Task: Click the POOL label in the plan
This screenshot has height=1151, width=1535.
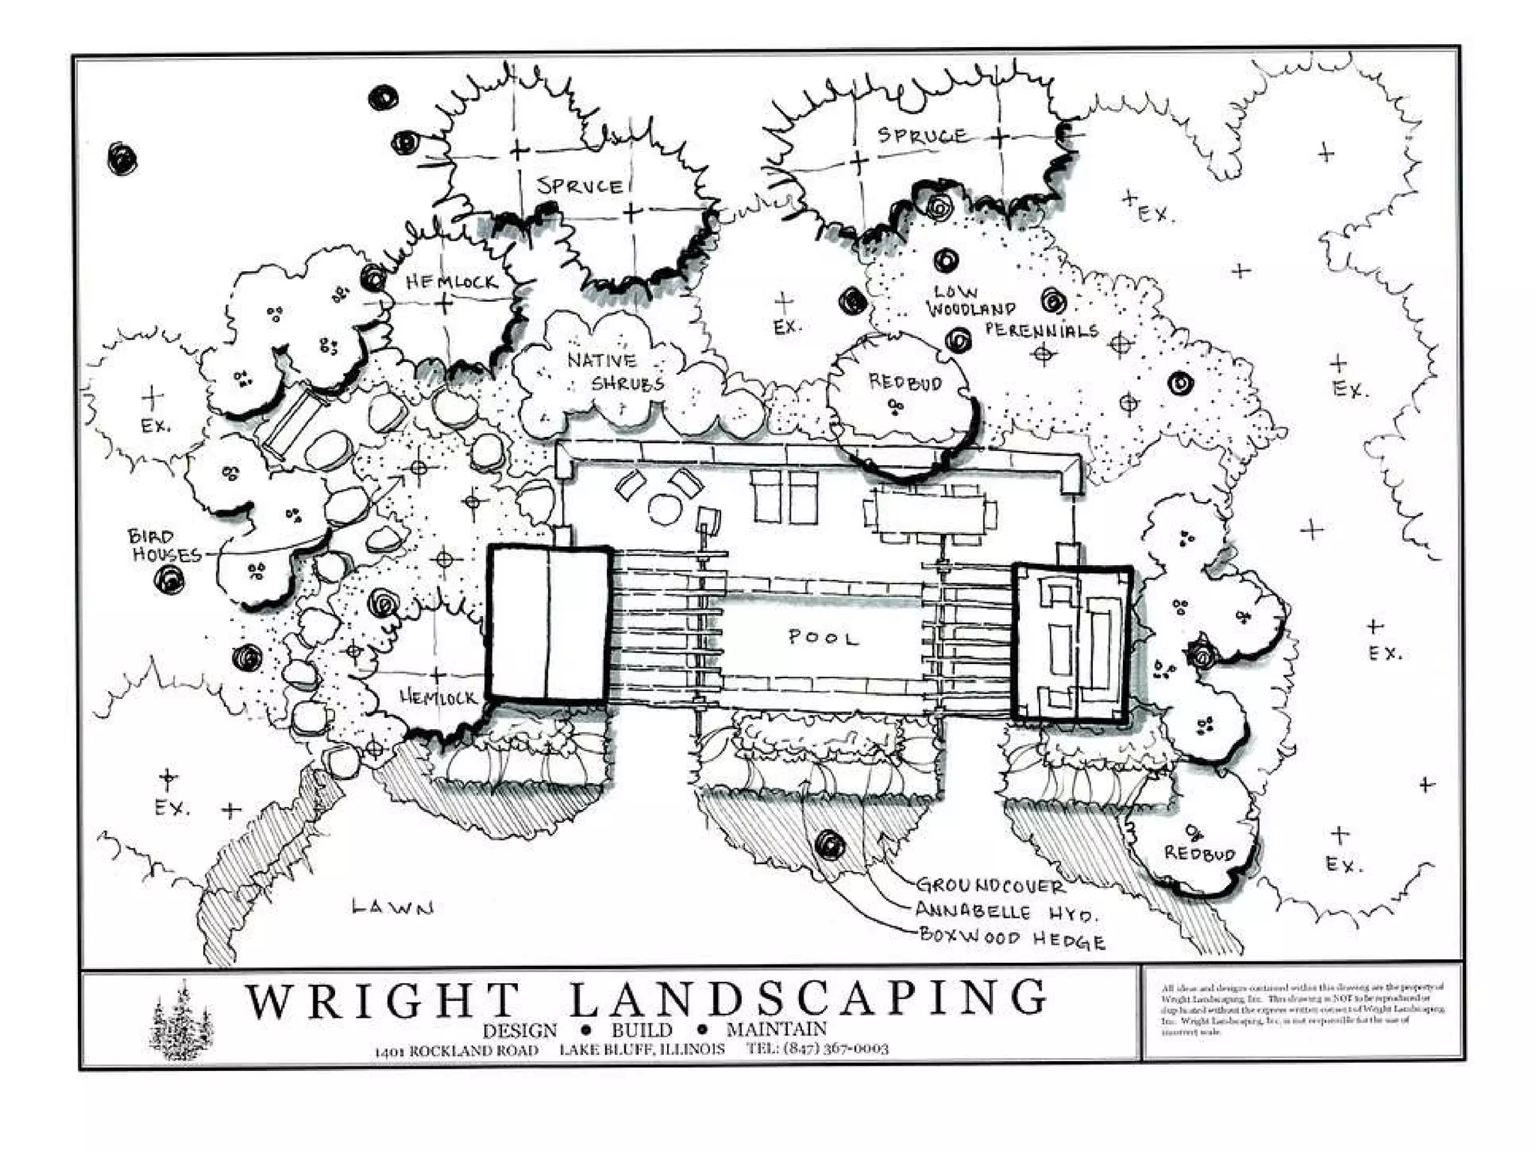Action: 822,638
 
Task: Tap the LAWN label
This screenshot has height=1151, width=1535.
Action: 392,907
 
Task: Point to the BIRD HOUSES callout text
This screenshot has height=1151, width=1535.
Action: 165,546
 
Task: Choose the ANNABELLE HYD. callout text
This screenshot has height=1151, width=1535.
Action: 1006,912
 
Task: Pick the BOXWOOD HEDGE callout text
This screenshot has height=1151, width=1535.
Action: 1012,938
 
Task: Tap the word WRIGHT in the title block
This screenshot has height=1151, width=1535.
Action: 382,1000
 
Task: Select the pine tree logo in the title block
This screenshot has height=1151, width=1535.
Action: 181,1021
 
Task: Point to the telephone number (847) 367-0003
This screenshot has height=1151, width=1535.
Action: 817,1048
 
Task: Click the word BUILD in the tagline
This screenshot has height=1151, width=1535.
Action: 642,1030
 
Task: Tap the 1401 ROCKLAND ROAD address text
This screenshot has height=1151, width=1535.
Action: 456,1050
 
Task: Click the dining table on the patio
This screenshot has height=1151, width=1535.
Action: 929,512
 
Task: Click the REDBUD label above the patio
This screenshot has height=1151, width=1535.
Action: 905,382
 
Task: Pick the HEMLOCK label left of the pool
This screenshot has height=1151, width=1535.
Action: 438,698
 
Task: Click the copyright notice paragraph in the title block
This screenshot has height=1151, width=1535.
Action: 1302,1010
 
